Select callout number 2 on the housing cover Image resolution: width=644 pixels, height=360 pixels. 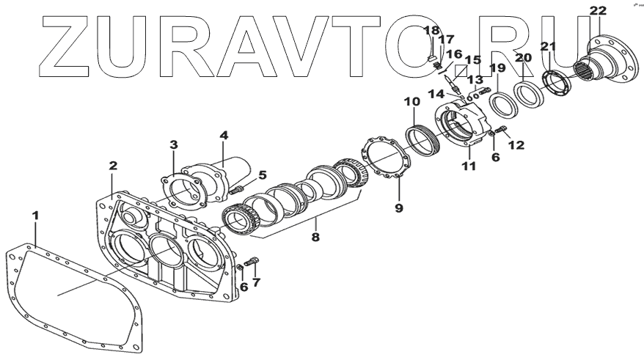pos(113,166)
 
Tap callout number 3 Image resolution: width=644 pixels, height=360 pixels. pos(173,144)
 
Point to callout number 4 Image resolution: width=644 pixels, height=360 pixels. pos(224,135)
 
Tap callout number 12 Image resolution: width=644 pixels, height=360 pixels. pos(517,145)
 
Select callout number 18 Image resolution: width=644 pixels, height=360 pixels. pos(431,30)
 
